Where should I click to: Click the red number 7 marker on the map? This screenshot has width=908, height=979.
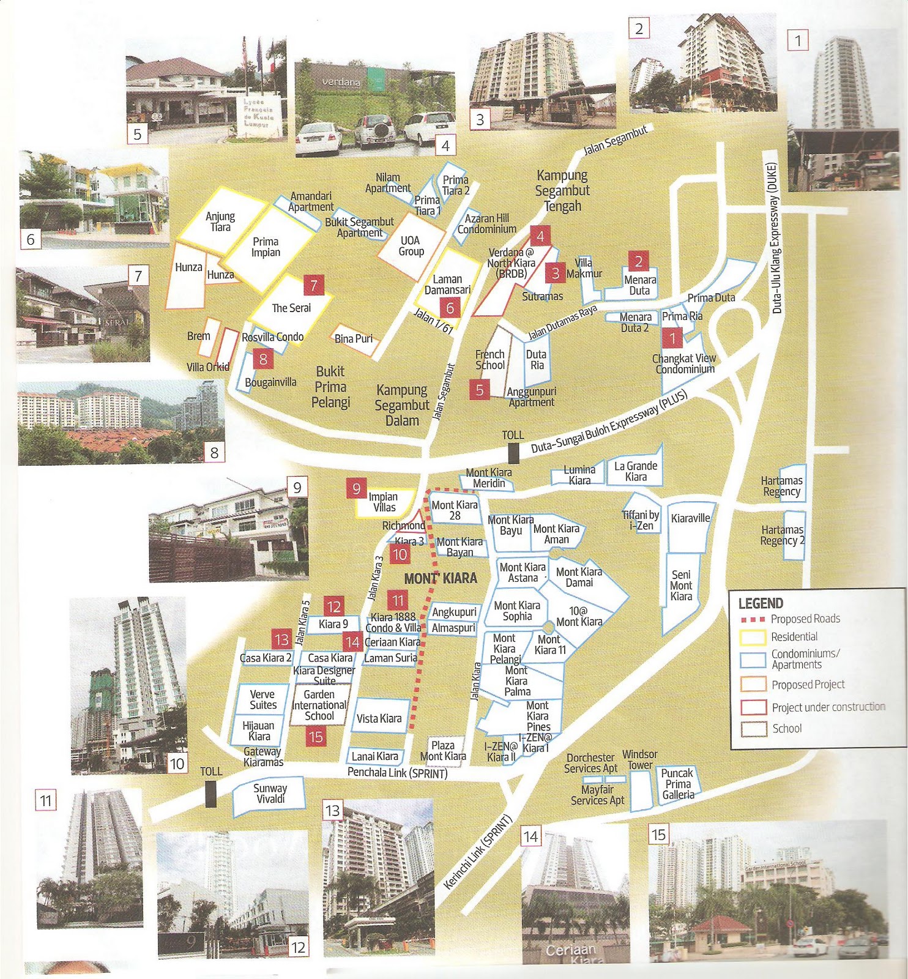click(x=314, y=285)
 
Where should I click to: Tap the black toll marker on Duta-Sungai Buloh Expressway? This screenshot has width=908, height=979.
click(x=513, y=453)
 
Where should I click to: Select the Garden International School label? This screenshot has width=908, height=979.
click(x=319, y=705)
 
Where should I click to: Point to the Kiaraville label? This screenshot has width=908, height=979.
click(x=690, y=518)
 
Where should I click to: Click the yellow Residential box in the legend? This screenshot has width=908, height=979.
click(x=753, y=637)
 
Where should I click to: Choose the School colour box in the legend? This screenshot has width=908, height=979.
click(x=753, y=729)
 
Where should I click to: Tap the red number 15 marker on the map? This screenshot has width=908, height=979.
click(x=316, y=737)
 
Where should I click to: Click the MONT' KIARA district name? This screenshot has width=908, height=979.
click(x=441, y=578)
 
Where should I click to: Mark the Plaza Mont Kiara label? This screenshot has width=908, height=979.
click(x=443, y=751)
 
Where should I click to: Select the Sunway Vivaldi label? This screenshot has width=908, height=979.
click(x=270, y=794)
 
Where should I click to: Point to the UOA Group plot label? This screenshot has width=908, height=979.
click(x=411, y=246)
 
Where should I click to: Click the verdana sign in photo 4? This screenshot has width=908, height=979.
click(x=341, y=81)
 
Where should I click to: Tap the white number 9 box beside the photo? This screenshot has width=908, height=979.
click(x=297, y=488)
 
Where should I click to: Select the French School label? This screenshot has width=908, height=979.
click(x=490, y=360)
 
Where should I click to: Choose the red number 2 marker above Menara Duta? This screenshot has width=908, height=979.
click(x=639, y=261)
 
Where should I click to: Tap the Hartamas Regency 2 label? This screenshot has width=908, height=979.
click(x=783, y=535)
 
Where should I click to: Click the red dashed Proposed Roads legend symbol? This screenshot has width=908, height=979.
click(x=753, y=619)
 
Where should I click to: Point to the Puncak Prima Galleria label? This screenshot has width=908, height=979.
click(x=678, y=784)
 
